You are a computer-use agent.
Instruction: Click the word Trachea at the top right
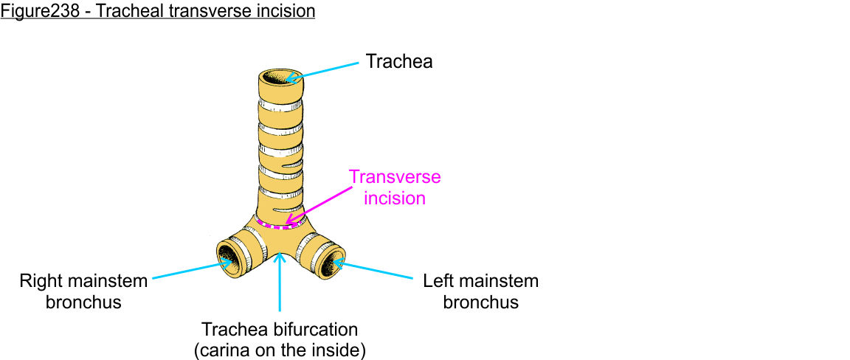(x=398, y=61)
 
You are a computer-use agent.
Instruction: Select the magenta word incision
(x=395, y=198)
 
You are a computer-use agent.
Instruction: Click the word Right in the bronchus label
(x=41, y=281)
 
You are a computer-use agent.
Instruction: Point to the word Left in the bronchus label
(x=438, y=281)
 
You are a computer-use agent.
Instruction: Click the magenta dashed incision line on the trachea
(x=279, y=225)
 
